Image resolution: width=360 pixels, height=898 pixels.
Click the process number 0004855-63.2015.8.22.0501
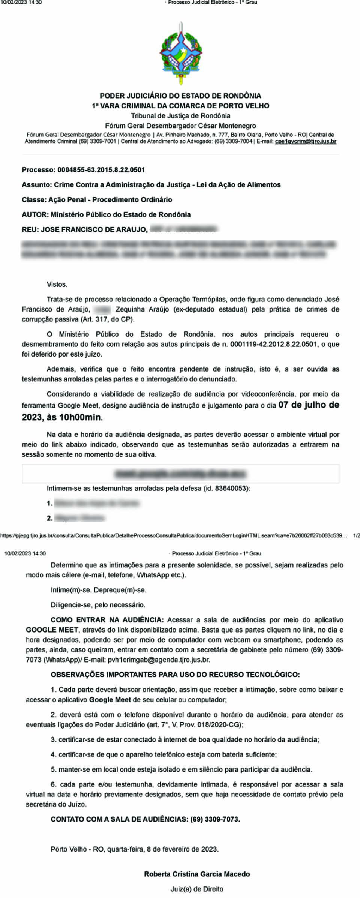pyautogui.click(x=101, y=170)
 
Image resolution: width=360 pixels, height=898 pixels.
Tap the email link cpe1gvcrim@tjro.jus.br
pyautogui.click(x=305, y=142)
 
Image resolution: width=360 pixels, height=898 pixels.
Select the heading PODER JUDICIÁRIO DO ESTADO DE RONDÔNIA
pyautogui.click(x=180, y=96)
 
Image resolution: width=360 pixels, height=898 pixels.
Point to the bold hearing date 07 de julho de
pyautogui.click(x=309, y=405)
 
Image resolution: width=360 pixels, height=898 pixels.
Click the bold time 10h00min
pyautogui.click(x=80, y=417)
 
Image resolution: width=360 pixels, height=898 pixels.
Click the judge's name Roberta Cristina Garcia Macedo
pyautogui.click(x=197, y=874)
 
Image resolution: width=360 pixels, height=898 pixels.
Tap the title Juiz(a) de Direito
pyautogui.click(x=197, y=889)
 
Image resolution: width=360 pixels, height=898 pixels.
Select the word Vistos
pyautogui.click(x=57, y=285)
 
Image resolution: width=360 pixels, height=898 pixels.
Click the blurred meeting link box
pyautogui.click(x=180, y=474)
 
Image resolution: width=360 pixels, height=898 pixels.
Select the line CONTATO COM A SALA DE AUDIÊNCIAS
pyautogui.click(x=145, y=819)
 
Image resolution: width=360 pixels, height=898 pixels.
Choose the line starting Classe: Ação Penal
pyautogui.click(x=97, y=199)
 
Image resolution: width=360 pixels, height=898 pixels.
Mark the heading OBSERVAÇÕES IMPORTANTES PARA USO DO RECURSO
pyautogui.click(x=175, y=675)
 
